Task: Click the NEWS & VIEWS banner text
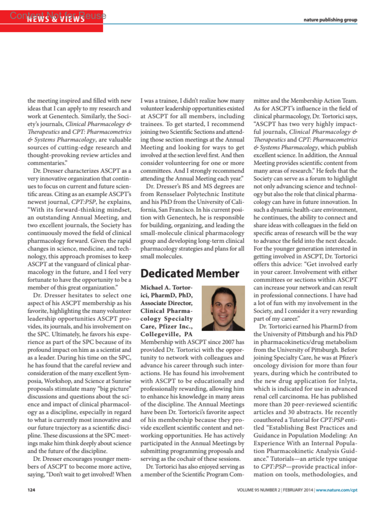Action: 56,19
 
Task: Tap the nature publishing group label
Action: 330,20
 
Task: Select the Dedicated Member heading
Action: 190,273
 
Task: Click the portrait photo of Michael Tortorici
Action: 223,308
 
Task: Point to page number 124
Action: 31,490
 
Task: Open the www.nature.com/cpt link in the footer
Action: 337,490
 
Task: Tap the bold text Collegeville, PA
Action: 166,334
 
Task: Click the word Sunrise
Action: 121,381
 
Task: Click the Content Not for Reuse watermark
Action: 58,15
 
